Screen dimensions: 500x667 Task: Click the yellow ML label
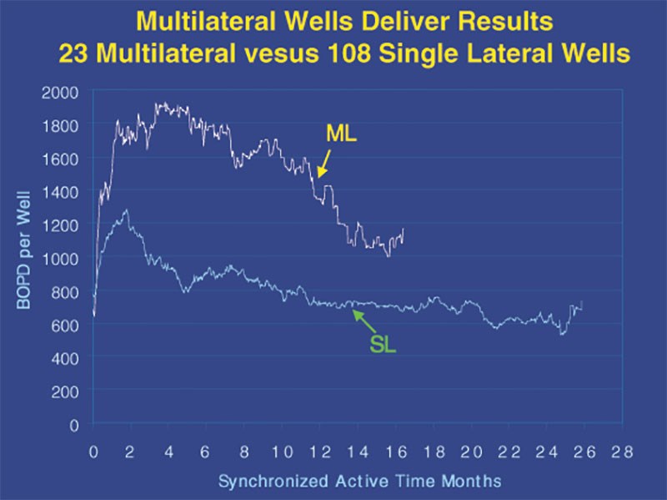340,133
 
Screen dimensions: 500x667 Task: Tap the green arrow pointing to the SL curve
364,321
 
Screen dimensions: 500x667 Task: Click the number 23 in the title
72,53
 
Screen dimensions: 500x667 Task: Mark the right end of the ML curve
403,230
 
